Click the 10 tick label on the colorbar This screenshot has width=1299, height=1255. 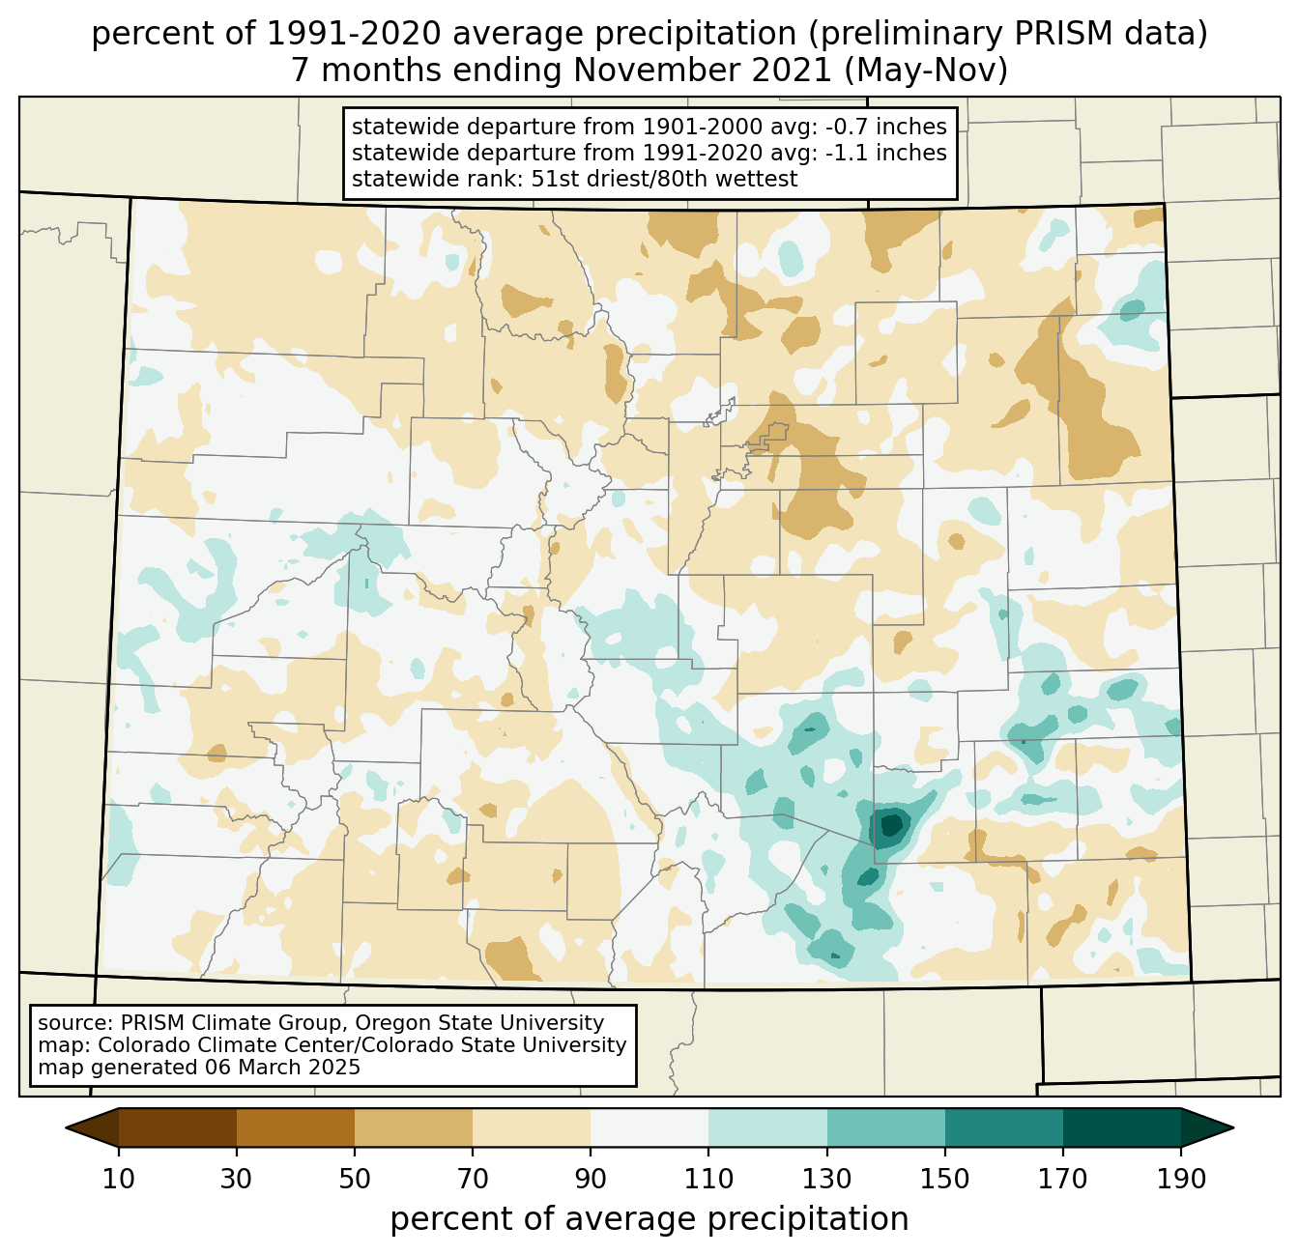[119, 1179]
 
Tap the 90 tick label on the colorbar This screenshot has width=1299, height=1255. [591, 1179]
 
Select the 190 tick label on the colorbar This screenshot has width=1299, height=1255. [1180, 1179]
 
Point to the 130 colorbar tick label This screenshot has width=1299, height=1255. [827, 1179]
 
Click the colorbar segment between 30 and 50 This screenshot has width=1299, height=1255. [296, 1127]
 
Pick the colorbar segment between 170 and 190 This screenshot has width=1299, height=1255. [1121, 1127]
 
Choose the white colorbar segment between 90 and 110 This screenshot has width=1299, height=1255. [649, 1127]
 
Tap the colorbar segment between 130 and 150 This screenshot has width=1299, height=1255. [886, 1127]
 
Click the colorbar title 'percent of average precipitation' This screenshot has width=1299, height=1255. [649, 1219]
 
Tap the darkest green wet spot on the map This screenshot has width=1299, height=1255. [890, 825]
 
